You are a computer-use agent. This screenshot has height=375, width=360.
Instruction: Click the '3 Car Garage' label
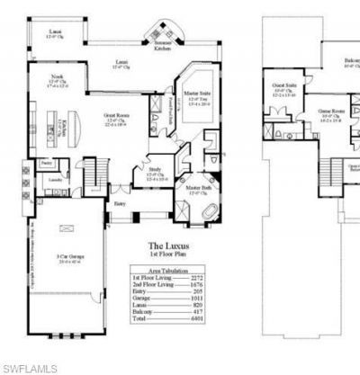click(62, 257)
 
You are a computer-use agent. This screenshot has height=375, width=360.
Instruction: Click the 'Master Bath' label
click(198, 188)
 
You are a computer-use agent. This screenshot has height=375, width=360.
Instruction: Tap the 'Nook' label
click(56, 77)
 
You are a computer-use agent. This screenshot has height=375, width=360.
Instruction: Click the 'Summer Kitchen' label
click(161, 45)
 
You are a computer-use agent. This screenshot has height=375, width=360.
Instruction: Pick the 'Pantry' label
click(46, 163)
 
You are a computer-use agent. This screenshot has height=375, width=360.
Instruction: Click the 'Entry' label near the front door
click(120, 203)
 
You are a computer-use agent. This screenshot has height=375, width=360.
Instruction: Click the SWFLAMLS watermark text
click(29, 368)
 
